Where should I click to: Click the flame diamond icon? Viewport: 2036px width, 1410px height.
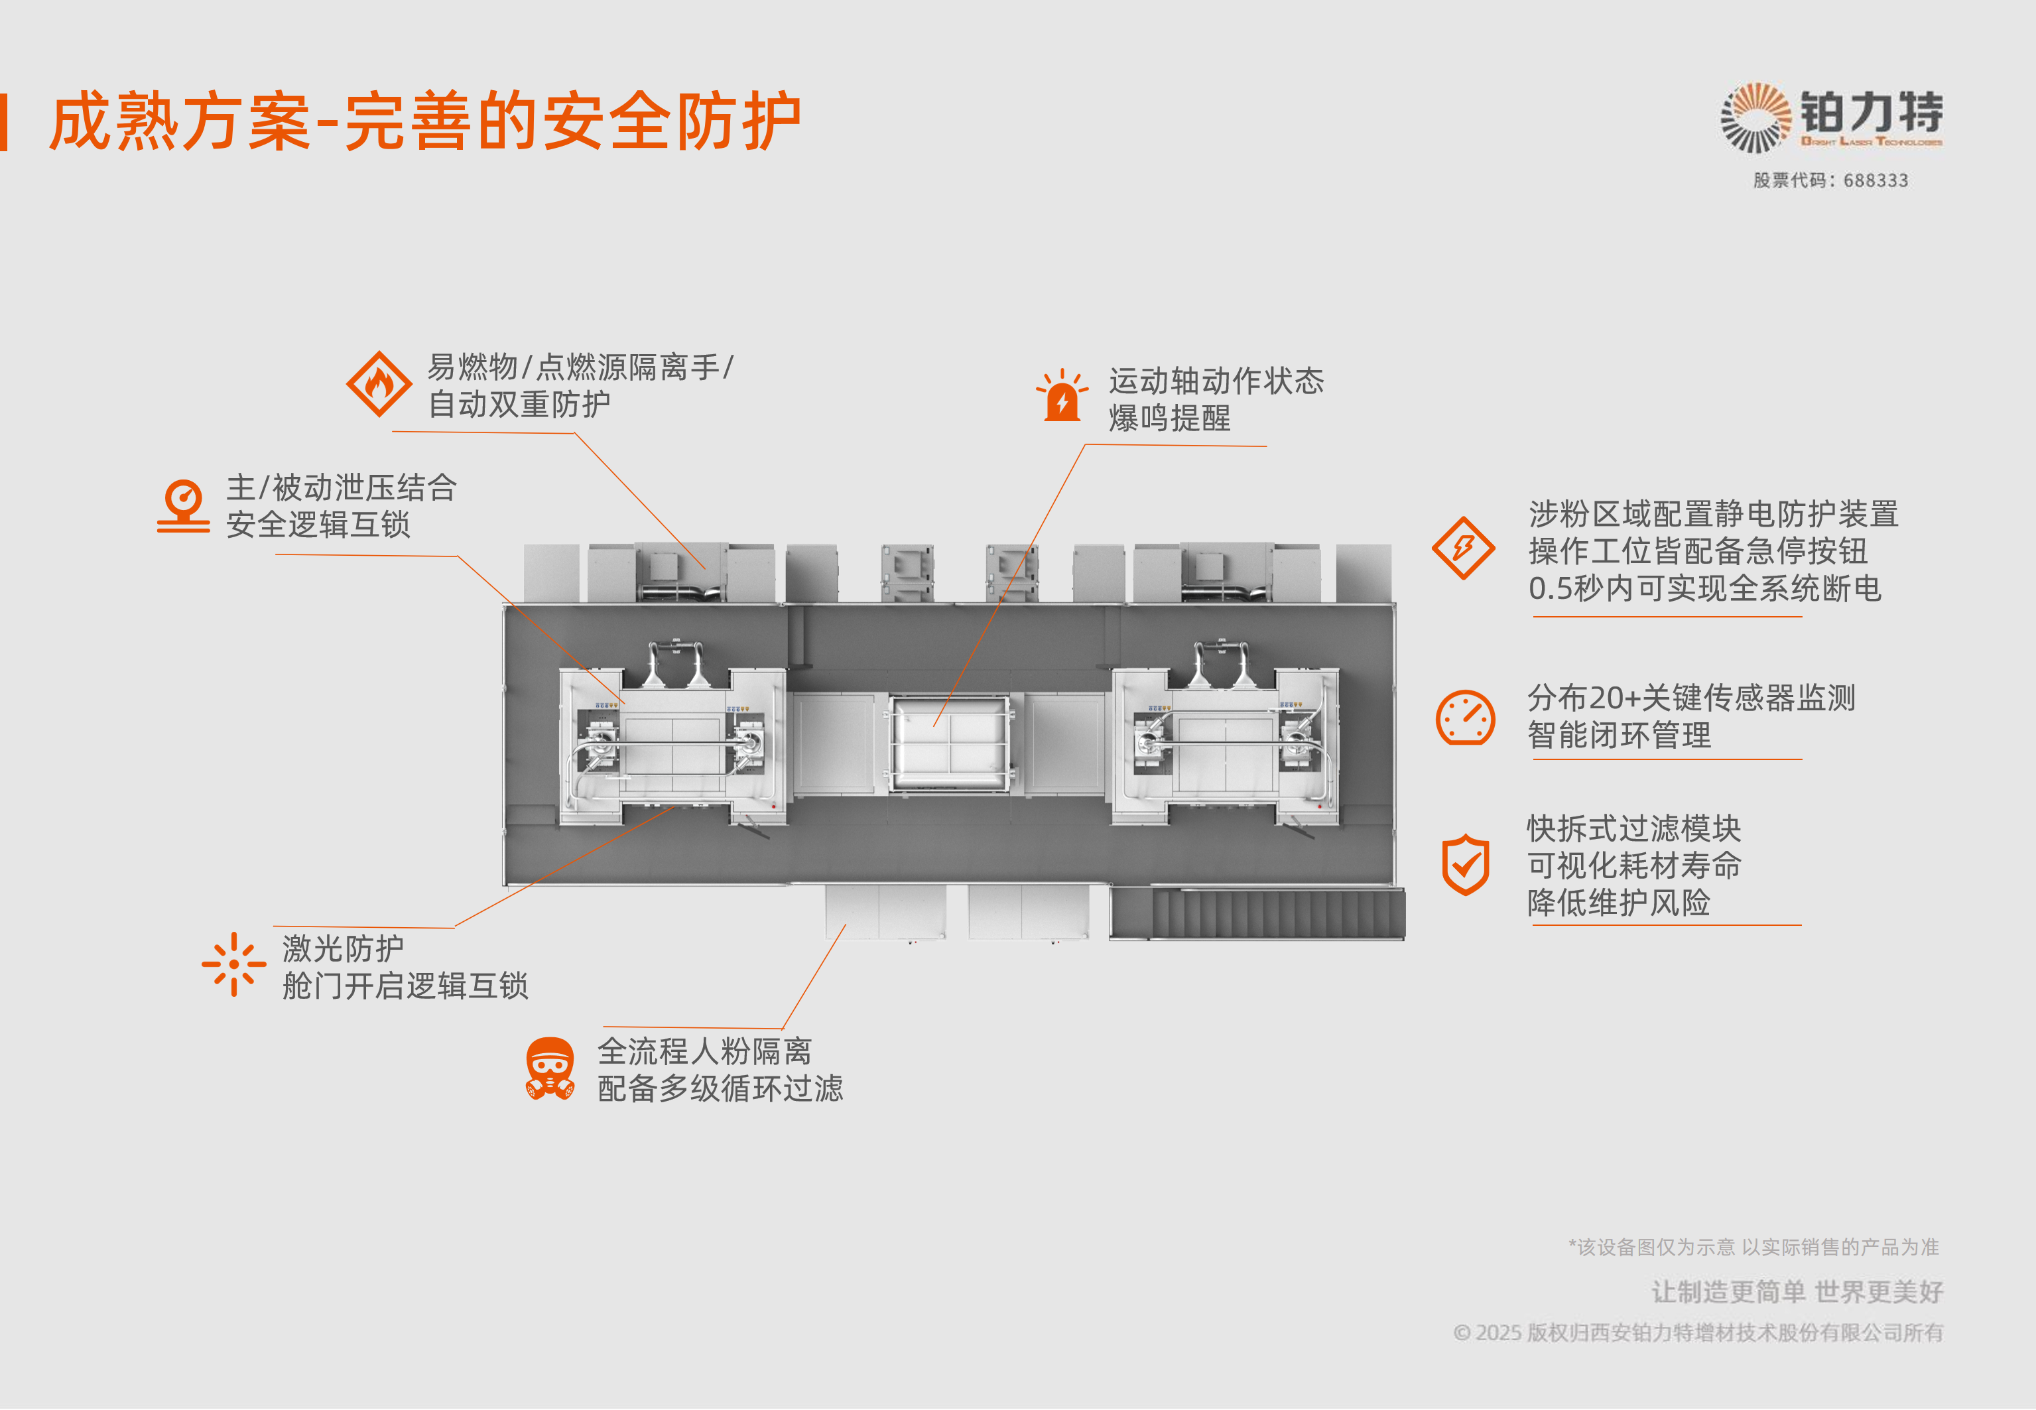(x=379, y=384)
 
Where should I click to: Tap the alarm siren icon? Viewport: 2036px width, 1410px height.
(x=1062, y=397)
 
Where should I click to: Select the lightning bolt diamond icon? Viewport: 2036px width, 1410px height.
(x=1463, y=548)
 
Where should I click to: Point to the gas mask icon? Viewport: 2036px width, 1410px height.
(x=549, y=1069)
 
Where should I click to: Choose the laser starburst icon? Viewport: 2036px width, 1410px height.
(x=233, y=965)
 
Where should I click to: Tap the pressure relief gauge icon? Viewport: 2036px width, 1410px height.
(x=184, y=505)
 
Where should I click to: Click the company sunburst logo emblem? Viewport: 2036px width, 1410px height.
(x=1755, y=117)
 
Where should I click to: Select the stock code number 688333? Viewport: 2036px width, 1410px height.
(x=1876, y=181)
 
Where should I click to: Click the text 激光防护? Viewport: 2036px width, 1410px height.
(x=343, y=949)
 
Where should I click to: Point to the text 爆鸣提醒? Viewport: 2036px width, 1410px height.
(x=1169, y=418)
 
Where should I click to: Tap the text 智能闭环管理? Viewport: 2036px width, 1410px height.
(x=1619, y=735)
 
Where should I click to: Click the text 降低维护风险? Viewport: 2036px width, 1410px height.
(x=1618, y=903)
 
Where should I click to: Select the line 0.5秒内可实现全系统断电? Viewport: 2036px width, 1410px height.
(x=1705, y=588)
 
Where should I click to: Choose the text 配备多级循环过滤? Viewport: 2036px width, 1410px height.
(x=720, y=1088)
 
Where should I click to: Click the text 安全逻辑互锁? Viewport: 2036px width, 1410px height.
(x=318, y=525)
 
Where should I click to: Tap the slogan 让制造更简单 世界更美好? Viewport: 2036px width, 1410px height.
(x=1797, y=1293)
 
